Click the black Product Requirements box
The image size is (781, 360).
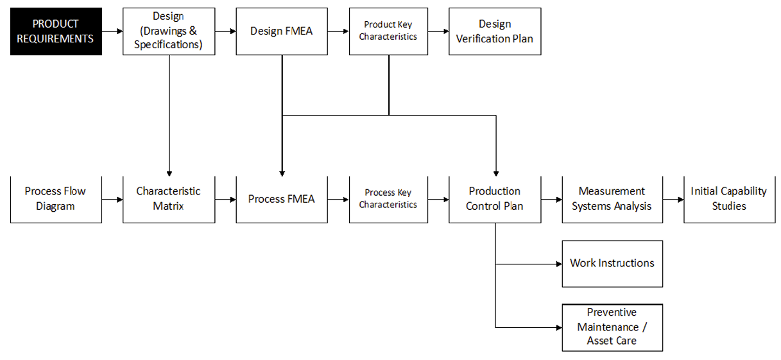tap(56, 31)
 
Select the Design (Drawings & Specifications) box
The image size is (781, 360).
tap(169, 31)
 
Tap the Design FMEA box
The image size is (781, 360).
tap(282, 31)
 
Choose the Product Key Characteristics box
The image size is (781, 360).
tap(388, 31)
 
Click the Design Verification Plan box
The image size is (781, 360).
tap(494, 31)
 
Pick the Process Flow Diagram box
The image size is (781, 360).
tap(56, 199)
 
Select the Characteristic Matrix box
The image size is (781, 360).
tap(169, 199)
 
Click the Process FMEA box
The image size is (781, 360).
tap(282, 199)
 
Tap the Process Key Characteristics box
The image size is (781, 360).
tap(388, 199)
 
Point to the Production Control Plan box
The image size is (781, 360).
tap(494, 199)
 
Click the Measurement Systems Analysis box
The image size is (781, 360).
tap(612, 199)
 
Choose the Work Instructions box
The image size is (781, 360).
tap(612, 264)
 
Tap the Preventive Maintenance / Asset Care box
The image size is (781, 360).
tap(612, 327)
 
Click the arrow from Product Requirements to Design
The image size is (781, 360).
tap(112, 31)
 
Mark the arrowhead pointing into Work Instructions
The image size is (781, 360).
tap(558, 264)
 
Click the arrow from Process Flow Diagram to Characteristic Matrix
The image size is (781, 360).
tap(112, 199)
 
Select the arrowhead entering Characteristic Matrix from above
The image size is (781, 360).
tap(169, 171)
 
